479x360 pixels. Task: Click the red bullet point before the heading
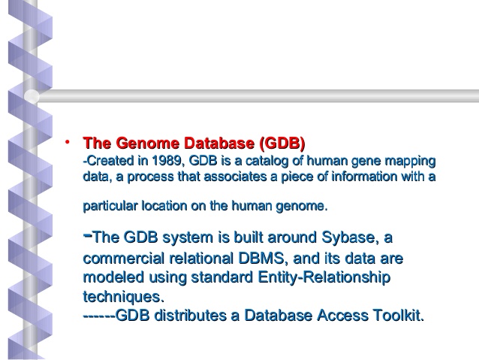point(68,141)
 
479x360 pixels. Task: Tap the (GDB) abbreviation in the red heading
point(282,144)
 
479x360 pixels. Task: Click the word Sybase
point(348,237)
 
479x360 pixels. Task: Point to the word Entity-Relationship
point(324,278)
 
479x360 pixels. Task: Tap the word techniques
point(123,297)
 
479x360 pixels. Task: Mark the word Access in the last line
point(343,316)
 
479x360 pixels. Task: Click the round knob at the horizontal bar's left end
point(32,96)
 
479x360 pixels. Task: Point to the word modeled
point(113,277)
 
